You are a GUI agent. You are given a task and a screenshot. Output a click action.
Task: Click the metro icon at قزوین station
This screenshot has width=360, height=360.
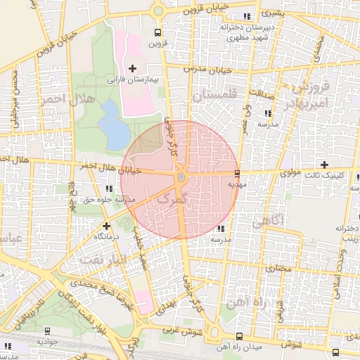tap(157, 32)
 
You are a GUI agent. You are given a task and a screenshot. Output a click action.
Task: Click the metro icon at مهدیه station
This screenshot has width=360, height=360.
tap(236, 173)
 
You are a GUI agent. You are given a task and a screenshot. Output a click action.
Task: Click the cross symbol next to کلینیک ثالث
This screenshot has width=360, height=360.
tap(323, 164)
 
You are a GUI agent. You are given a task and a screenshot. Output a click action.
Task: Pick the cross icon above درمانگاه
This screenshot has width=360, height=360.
tap(105, 226)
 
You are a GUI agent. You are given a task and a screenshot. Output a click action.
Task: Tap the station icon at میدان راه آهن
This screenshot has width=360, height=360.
tap(239, 336)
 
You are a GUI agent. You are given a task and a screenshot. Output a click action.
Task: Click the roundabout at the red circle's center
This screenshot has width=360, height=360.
tap(181, 178)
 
